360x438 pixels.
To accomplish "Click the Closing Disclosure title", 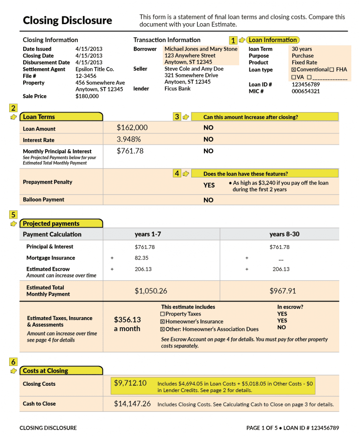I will click(67, 20).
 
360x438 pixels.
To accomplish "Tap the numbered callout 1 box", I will click(233, 40).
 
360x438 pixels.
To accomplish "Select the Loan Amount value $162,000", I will click(132, 128).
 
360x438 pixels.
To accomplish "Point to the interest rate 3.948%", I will click(129, 139).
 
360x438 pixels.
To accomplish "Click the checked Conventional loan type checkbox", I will click(293, 70).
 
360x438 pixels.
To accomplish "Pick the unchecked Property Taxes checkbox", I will click(162, 314).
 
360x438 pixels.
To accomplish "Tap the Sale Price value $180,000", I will click(87, 96).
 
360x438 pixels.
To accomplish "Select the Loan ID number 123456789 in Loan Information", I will click(305, 84).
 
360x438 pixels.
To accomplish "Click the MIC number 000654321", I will click(305, 91).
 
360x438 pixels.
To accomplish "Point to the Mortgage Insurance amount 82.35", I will click(142, 258).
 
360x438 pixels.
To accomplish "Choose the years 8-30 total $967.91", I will click(283, 291).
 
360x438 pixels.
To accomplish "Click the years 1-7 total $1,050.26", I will click(151, 291).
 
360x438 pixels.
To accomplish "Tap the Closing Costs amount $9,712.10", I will click(130, 383).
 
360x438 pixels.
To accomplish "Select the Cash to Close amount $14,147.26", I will click(132, 404).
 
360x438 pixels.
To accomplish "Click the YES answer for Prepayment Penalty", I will click(209, 185).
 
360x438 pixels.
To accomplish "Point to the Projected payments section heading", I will click(51, 223).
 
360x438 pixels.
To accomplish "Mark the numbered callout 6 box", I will click(13, 362).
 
